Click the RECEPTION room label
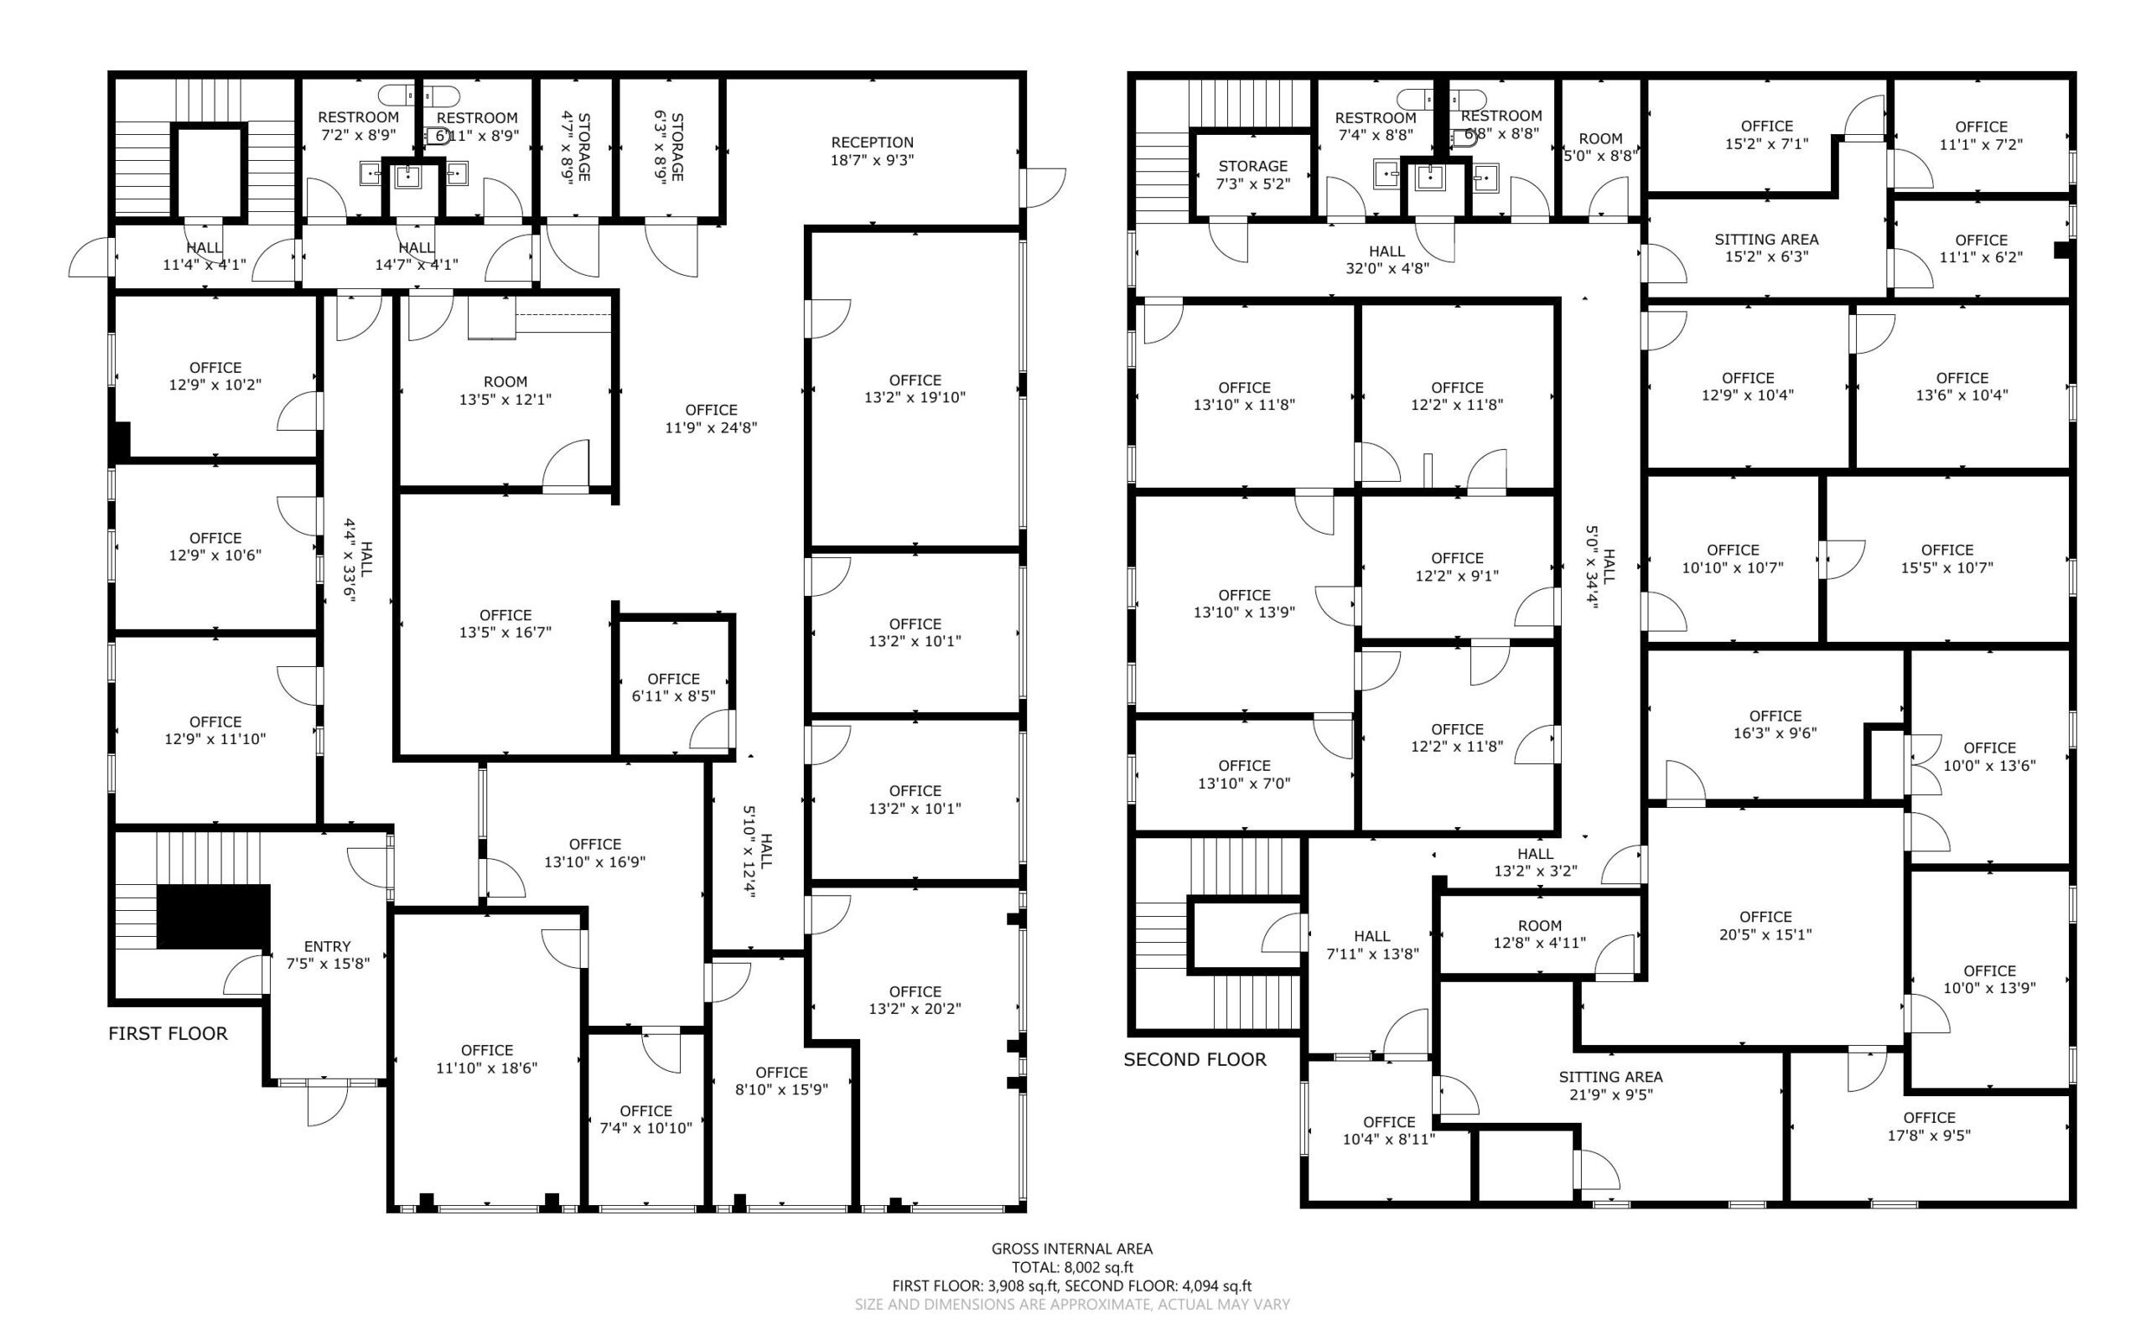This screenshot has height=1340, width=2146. [872, 142]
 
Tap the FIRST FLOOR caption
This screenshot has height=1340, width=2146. [168, 1033]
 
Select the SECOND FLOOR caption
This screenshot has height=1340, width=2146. [1194, 1059]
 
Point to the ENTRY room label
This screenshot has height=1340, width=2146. [327, 946]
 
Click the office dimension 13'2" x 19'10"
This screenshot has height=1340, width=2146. [915, 397]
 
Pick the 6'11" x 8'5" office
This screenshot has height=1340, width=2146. [674, 688]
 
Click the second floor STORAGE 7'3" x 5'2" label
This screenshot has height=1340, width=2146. [1252, 174]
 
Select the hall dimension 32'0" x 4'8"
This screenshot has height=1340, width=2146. [1387, 267]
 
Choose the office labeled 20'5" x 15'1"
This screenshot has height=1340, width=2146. [1765, 925]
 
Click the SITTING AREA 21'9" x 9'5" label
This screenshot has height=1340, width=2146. [1610, 1084]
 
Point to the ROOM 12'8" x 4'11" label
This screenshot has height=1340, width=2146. [1540, 934]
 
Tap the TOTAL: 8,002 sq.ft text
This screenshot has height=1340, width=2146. [1072, 1267]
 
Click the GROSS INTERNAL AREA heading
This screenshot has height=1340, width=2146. [1071, 1249]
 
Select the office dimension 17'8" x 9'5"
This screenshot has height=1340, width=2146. [1929, 1135]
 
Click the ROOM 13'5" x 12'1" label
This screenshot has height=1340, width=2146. [505, 390]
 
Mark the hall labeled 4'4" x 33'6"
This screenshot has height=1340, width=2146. [358, 560]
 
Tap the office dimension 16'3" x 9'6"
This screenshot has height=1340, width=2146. [1775, 733]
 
